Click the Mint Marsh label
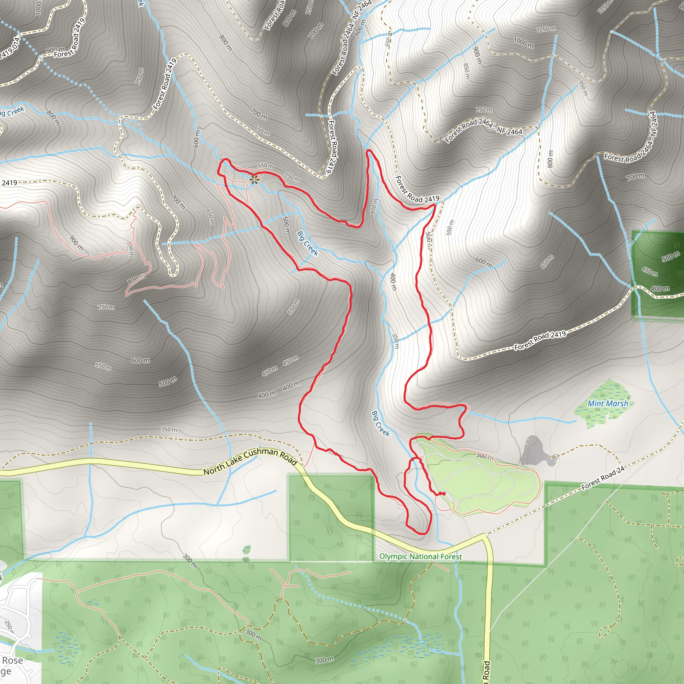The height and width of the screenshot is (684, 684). coord(608,403)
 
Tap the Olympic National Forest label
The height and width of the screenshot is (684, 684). coord(420,556)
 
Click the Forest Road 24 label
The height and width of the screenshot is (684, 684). coord(603,478)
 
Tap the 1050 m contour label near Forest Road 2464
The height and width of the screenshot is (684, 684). coord(546,29)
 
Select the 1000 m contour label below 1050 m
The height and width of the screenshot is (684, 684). coord(524,43)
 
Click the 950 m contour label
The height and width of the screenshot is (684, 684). coord(583,88)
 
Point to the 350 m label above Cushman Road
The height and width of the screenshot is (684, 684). coord(169,430)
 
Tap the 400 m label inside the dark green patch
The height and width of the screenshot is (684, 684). coord(660,289)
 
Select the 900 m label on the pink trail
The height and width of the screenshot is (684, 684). coord(76,243)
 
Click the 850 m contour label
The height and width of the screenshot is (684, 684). coord(467,72)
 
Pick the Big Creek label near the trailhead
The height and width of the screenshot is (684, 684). coord(381,423)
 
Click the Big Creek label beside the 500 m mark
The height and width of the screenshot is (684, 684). coord(307,243)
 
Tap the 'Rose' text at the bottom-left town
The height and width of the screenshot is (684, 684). coord(12,660)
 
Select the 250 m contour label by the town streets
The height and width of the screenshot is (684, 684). coord(8,626)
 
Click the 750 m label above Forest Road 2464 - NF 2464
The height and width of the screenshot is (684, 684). coord(484,110)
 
